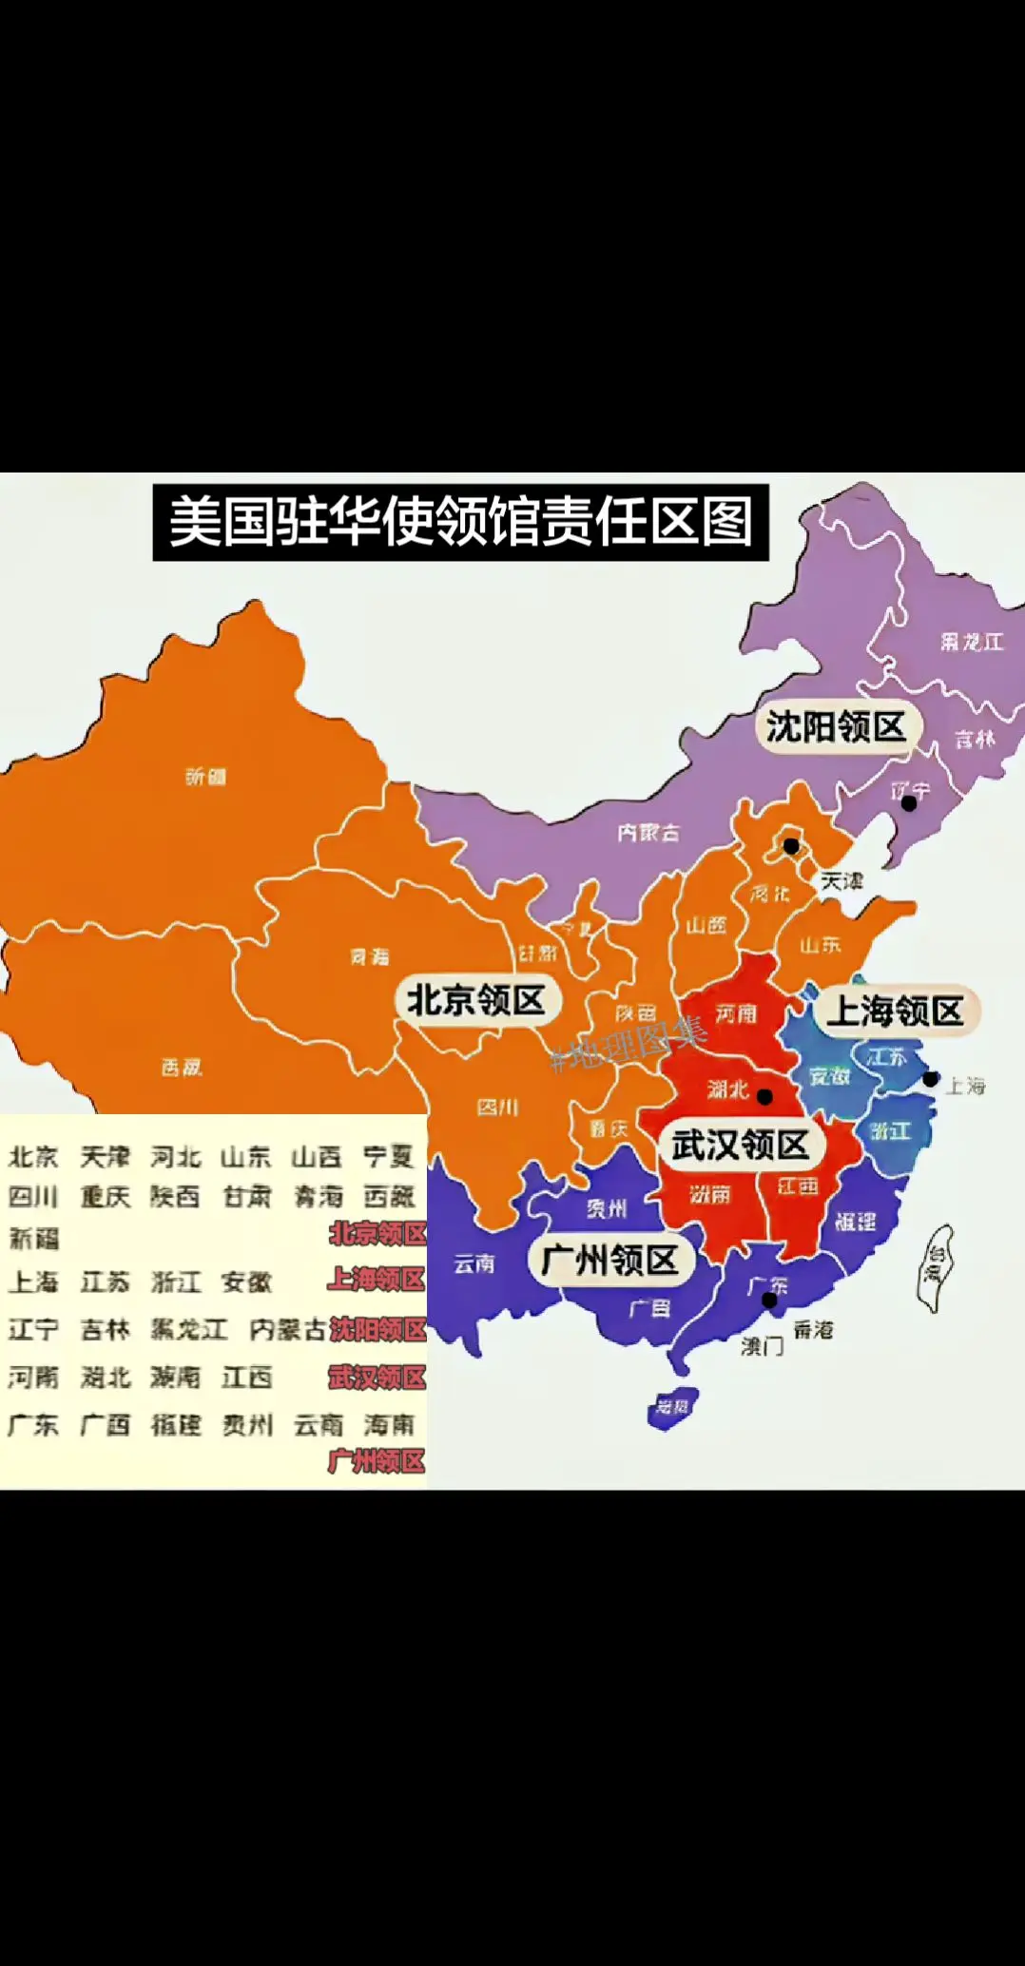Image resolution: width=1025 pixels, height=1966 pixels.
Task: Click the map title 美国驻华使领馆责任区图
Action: click(x=460, y=522)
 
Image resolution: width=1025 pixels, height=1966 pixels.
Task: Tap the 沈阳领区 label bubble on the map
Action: click(x=836, y=727)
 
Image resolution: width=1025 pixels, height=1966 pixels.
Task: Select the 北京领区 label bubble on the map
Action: click(x=476, y=1000)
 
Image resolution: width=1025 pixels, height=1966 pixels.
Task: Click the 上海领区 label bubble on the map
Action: click(x=895, y=1011)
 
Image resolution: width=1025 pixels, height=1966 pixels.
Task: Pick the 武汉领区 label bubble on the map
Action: click(x=740, y=1145)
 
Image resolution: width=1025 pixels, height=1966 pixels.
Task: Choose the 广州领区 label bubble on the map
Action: click(x=609, y=1261)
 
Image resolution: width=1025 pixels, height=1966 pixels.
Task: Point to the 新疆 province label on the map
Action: click(x=205, y=777)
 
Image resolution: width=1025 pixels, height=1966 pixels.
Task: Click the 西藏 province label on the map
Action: click(x=181, y=1068)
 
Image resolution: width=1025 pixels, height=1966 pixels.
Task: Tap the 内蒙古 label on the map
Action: click(x=648, y=833)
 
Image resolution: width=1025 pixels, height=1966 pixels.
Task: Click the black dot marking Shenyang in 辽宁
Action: click(x=909, y=803)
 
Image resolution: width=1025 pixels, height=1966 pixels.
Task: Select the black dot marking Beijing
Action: click(x=791, y=845)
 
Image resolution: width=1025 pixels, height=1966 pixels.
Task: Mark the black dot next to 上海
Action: click(x=931, y=1079)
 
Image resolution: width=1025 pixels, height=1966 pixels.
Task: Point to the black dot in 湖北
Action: click(x=764, y=1096)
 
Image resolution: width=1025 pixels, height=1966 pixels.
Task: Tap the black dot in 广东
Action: click(x=769, y=1300)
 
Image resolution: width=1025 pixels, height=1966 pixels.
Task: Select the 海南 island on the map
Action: click(x=672, y=1407)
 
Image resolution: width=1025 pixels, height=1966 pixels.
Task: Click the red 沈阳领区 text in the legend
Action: click(x=377, y=1329)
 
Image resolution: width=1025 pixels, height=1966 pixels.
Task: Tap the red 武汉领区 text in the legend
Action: click(x=377, y=1377)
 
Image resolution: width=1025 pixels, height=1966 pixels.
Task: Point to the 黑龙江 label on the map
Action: click(x=972, y=643)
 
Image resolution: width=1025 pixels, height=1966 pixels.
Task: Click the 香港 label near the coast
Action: click(x=813, y=1330)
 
